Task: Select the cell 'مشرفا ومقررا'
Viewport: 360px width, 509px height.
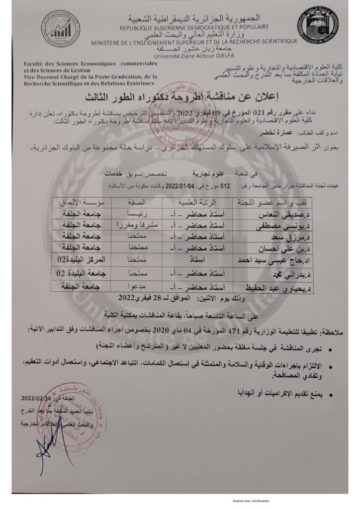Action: [x=130, y=225]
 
